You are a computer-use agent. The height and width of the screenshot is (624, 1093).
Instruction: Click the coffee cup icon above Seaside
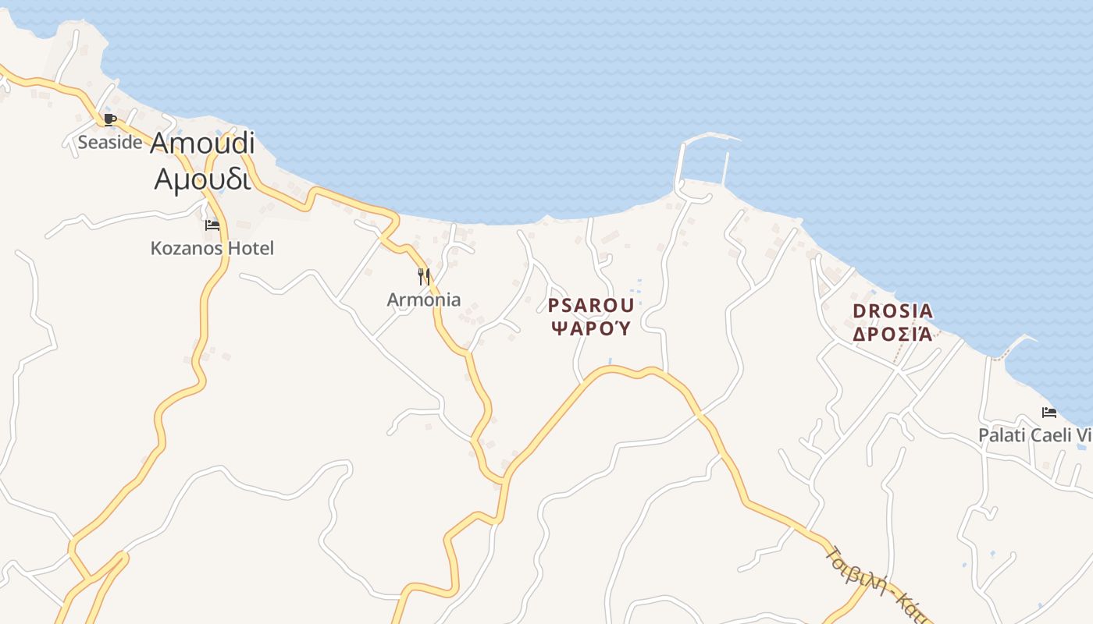click(x=110, y=119)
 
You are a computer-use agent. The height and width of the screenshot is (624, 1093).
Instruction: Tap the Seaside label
click(x=110, y=142)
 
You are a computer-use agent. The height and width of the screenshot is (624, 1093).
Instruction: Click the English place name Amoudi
click(x=202, y=143)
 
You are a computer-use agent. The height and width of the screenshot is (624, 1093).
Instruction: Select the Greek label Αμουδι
click(x=202, y=179)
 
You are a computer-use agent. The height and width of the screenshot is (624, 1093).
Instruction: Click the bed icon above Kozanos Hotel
click(x=212, y=225)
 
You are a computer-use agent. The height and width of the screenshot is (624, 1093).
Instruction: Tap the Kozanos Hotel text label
click(x=212, y=249)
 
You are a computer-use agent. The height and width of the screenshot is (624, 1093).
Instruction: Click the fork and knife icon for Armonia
click(x=424, y=276)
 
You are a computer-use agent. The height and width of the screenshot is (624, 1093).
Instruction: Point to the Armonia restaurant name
click(x=424, y=300)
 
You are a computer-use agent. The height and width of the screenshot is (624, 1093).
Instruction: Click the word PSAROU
click(x=591, y=306)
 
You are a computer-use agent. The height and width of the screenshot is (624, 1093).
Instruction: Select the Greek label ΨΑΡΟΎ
click(x=591, y=328)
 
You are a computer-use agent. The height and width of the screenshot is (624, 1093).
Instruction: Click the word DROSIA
click(x=892, y=311)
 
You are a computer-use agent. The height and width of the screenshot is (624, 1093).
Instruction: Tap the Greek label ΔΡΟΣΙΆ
click(x=892, y=335)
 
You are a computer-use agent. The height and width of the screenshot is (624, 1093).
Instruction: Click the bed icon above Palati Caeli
click(x=1048, y=412)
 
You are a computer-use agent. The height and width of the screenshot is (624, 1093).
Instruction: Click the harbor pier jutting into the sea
click(x=680, y=160)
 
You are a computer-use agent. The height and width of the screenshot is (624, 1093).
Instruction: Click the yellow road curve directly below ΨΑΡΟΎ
click(x=617, y=370)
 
